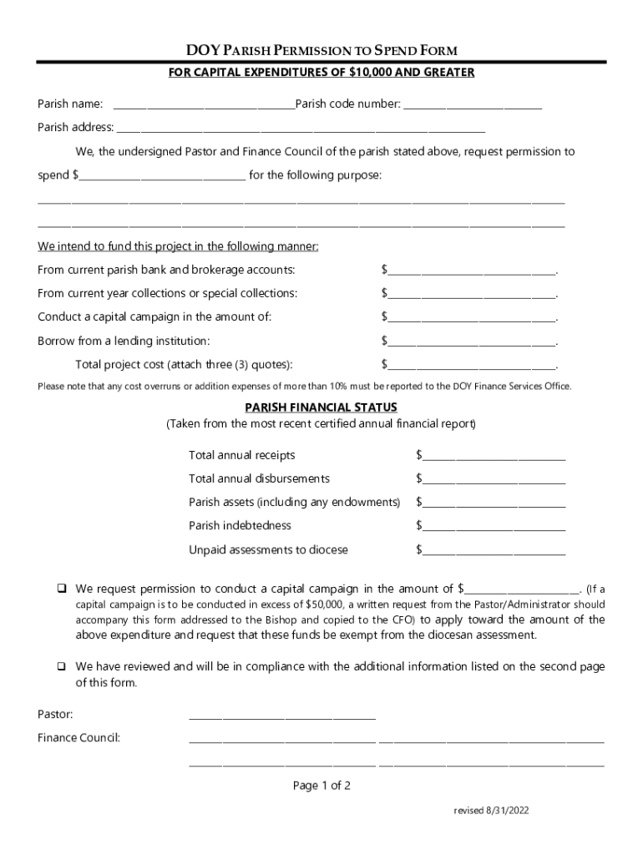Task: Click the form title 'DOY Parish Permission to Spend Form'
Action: pos(321,51)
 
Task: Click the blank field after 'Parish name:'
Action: pos(204,105)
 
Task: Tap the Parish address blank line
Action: pos(301,129)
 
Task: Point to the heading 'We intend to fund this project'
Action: pos(178,246)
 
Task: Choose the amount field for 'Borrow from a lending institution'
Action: pos(471,341)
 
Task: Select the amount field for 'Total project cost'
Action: pos(471,365)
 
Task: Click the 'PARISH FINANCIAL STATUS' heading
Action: pos(321,407)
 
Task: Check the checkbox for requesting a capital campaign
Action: pos(61,589)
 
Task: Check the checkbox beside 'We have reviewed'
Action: pos(61,667)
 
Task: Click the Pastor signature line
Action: pos(282,716)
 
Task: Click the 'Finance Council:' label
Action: pos(79,738)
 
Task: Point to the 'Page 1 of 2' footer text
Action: pos(321,786)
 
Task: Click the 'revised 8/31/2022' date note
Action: pos(492,811)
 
